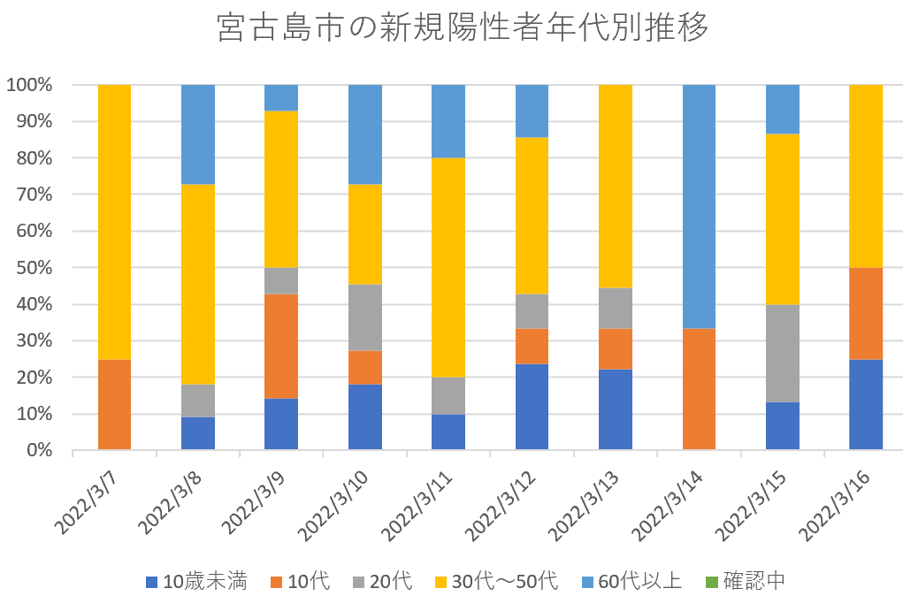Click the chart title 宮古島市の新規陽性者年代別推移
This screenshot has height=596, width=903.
click(x=463, y=29)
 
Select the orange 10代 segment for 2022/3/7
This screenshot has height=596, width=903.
click(x=113, y=404)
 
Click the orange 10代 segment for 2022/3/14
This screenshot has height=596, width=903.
click(x=700, y=389)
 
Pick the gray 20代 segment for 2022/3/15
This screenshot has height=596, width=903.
click(x=783, y=353)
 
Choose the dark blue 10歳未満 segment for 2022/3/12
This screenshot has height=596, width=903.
click(x=532, y=407)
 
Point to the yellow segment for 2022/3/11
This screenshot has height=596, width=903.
click(x=448, y=268)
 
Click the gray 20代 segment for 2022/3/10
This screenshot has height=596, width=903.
click(x=365, y=317)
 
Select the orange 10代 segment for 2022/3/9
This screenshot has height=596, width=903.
click(x=281, y=347)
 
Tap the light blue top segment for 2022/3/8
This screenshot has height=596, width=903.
click(x=198, y=134)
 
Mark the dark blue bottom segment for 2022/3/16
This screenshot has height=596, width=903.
click(x=866, y=404)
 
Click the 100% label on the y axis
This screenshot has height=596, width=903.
click(x=31, y=85)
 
